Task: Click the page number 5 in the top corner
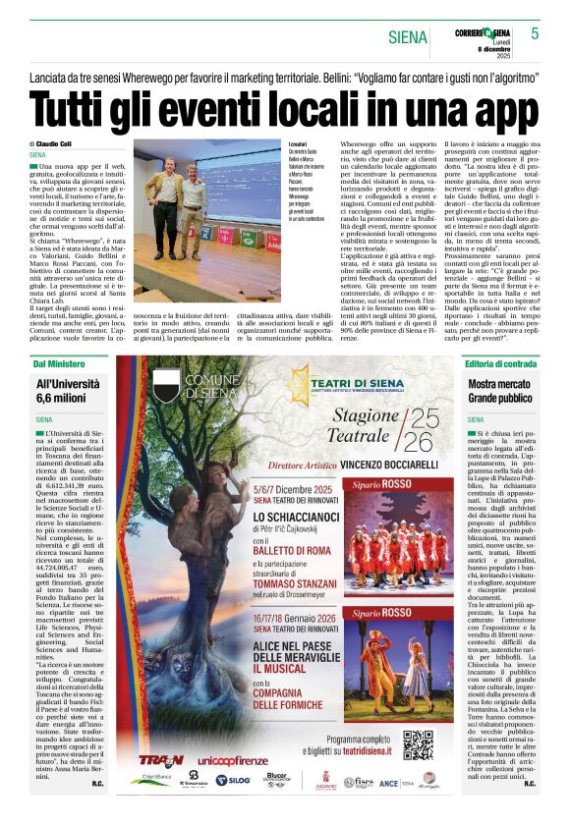pos(535,33)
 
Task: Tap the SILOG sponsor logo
pos(233,780)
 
